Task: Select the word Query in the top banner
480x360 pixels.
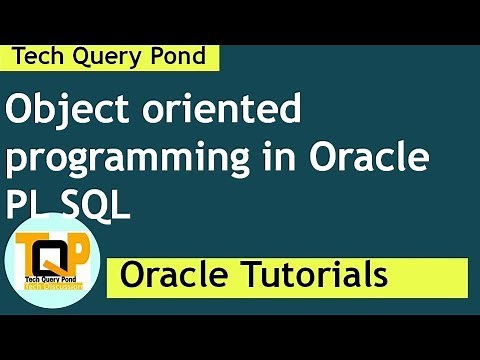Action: coord(104,57)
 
